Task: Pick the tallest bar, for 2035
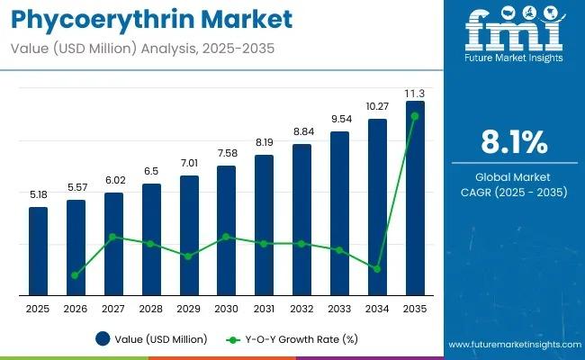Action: pyautogui.click(x=415, y=198)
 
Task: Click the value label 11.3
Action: pyautogui.click(x=415, y=92)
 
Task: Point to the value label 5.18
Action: pyautogui.click(x=38, y=194)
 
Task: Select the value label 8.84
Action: pyautogui.click(x=301, y=132)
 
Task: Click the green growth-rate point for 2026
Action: pyautogui.click(x=75, y=275)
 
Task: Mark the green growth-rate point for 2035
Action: pyautogui.click(x=415, y=116)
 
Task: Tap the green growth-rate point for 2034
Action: pyautogui.click(x=377, y=268)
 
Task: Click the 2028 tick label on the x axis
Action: pyautogui.click(x=151, y=308)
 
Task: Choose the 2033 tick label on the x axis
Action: pyautogui.click(x=339, y=308)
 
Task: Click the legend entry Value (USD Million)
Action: pyautogui.click(x=152, y=339)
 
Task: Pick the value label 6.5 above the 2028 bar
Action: pyautogui.click(x=151, y=171)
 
